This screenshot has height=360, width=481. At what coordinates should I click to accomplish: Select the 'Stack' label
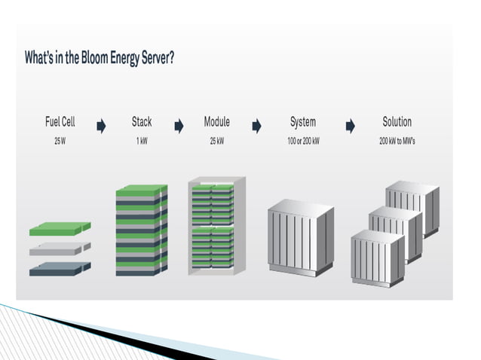coord(141,121)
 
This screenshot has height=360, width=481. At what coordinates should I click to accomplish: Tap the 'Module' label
coord(216,121)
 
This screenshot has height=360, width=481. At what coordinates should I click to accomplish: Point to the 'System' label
coord(303,121)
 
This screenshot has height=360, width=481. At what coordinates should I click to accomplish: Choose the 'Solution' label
coord(397,121)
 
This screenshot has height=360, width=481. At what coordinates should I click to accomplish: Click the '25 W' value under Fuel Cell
coord(60,142)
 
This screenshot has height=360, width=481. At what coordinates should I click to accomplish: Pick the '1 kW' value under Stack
coord(141,142)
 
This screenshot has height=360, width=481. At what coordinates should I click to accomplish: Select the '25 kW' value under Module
coord(216,142)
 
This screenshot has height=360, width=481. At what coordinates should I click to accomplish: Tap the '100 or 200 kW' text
coord(303,142)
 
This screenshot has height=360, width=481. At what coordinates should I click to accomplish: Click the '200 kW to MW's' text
coord(397,142)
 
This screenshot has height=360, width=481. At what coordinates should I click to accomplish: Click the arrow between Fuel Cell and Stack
coord(101,127)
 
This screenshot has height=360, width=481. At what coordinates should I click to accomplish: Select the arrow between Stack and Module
coord(179,127)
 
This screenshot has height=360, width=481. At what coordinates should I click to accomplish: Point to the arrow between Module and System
coord(256,127)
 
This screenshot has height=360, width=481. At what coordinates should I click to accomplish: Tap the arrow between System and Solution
coord(351,127)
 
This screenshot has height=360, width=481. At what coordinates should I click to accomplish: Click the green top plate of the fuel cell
coord(60,227)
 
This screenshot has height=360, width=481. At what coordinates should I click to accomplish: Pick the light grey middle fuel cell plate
coord(60,249)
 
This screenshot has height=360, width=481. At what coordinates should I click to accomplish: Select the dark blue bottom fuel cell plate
coord(60,268)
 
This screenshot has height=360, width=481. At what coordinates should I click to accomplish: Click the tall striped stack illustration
coord(141,230)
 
